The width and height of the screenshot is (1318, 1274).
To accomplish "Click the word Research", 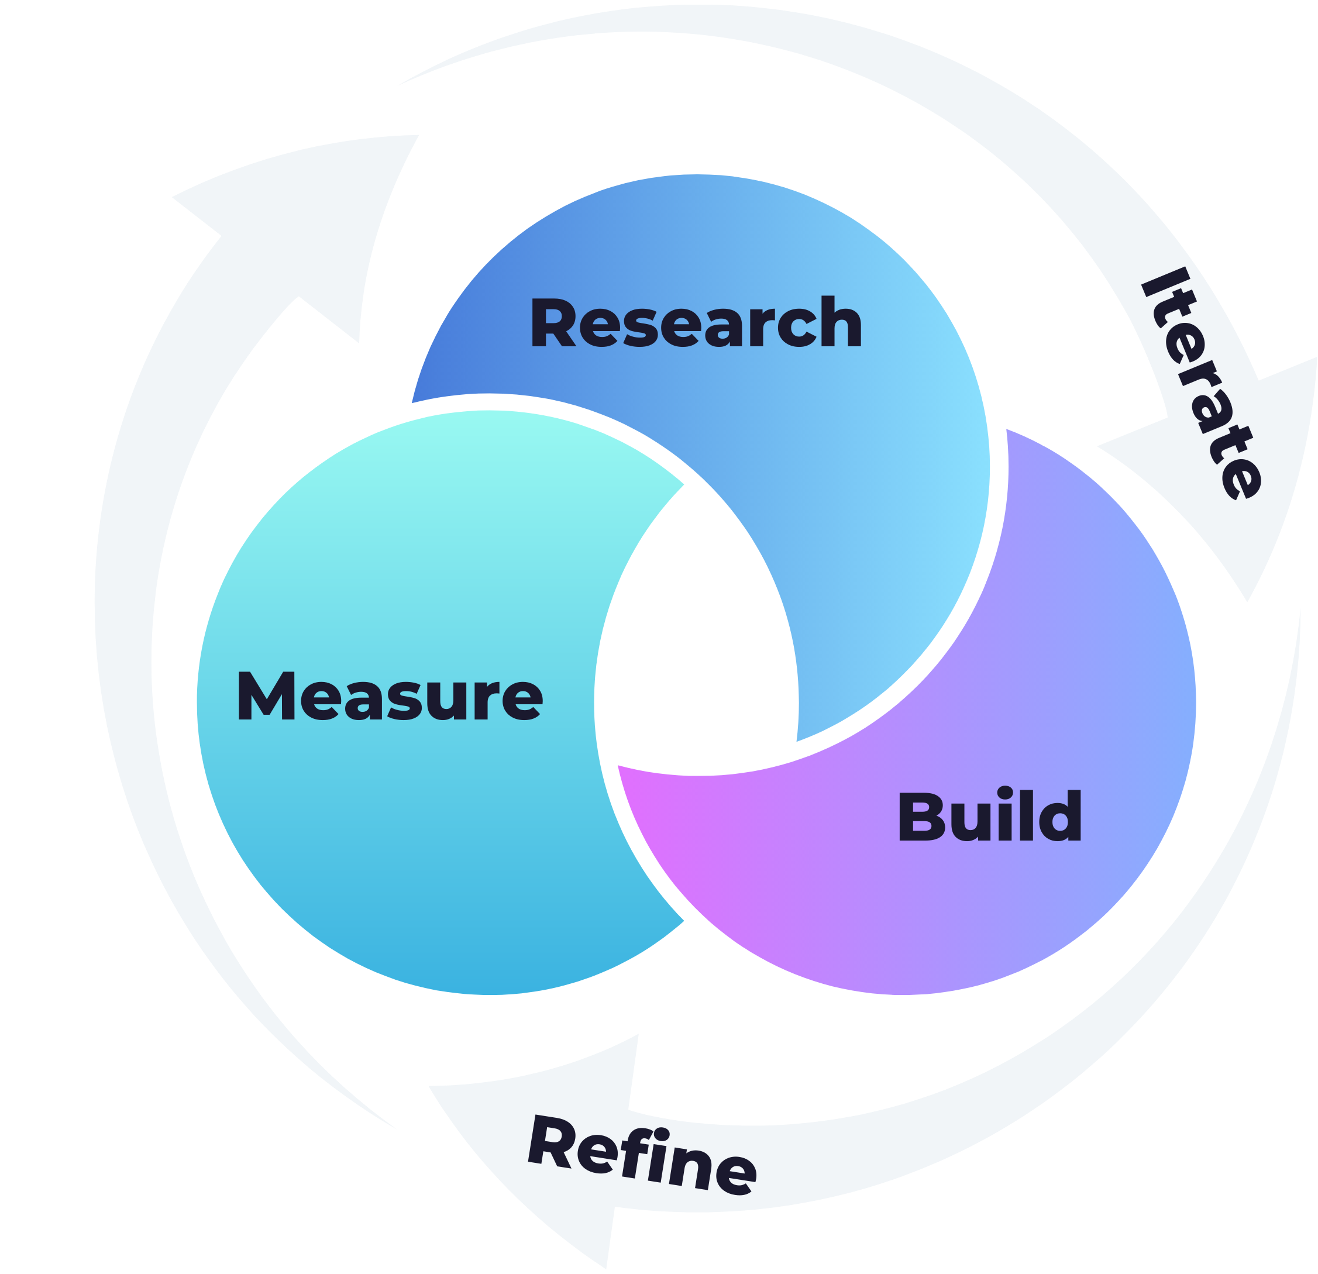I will coord(696,323).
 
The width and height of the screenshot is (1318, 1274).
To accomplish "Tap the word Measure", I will coord(390,697).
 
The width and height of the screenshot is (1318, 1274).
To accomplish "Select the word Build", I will coord(989,816).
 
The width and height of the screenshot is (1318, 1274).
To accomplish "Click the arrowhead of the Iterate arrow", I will coord(1224,471).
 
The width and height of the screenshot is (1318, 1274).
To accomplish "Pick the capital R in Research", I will coord(553,323).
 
